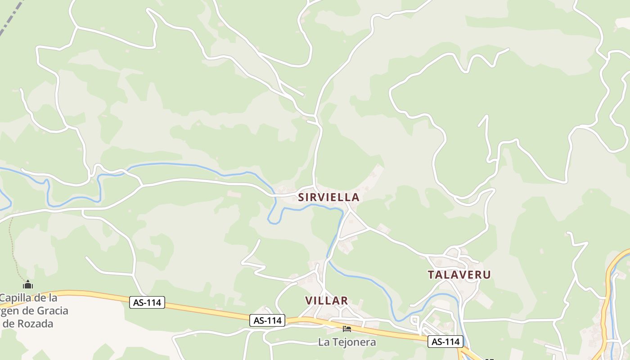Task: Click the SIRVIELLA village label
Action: [328, 197]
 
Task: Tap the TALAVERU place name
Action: [459, 274]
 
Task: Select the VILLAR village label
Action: [326, 301]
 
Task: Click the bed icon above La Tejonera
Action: [346, 329]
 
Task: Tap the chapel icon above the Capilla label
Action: [28, 284]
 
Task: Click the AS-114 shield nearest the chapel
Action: [148, 302]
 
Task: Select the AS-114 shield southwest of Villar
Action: [268, 320]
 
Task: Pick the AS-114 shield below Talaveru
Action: [445, 342]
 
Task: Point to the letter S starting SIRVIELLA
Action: [301, 197]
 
